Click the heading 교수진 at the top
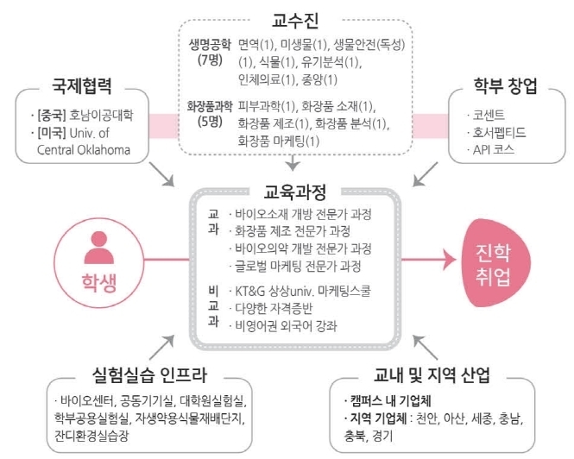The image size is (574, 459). coord(294,20)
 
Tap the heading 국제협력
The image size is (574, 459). coord(82,86)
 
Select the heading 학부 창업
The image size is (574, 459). coord(505,86)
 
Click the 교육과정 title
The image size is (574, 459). coord(294,192)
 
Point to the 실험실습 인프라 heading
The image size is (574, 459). coord(149,374)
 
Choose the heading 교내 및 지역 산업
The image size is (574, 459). coord(432,374)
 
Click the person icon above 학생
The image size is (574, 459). coord(99,248)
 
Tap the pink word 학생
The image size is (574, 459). coord(99,283)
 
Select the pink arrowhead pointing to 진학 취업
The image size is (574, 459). coord(450,260)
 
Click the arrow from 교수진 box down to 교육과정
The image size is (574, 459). coord(292,162)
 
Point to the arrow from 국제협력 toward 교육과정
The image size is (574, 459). coord(161,174)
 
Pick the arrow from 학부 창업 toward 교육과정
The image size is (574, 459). coord(425,174)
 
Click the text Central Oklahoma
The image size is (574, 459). coord(84,150)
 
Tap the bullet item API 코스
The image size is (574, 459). coord(493,149)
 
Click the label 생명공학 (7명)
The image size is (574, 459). coord(210,52)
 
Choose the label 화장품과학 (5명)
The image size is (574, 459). coord(210,114)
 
